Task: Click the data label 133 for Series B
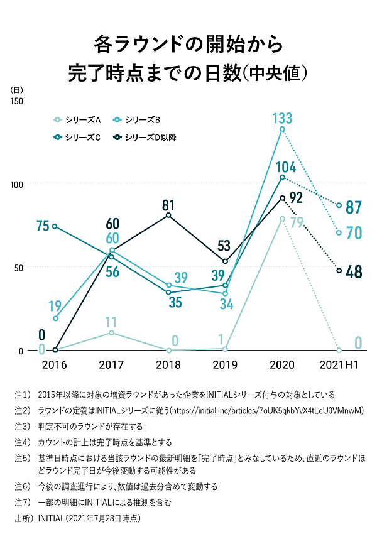(x=283, y=117)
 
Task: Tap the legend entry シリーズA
(x=78, y=119)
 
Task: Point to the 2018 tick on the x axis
(x=168, y=365)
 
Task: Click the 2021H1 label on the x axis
(x=340, y=365)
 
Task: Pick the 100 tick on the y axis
(x=16, y=183)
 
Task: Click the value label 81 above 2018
(x=167, y=205)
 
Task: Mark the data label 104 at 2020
(x=287, y=167)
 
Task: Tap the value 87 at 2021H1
(x=354, y=207)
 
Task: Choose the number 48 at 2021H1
(x=354, y=272)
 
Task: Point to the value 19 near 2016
(x=55, y=307)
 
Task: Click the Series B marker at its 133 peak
(x=282, y=129)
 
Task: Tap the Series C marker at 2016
(x=55, y=226)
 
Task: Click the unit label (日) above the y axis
(x=17, y=90)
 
